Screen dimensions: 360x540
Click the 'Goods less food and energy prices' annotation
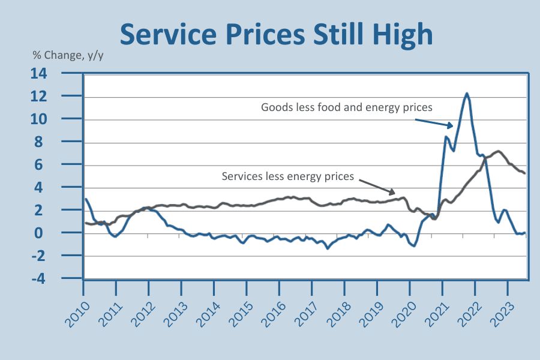pyautogui.click(x=347, y=107)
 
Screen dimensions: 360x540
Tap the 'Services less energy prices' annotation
pyautogui.click(x=288, y=176)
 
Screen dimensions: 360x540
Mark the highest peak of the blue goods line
pyautogui.click(x=467, y=94)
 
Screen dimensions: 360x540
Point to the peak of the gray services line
pyautogui.click(x=498, y=151)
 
